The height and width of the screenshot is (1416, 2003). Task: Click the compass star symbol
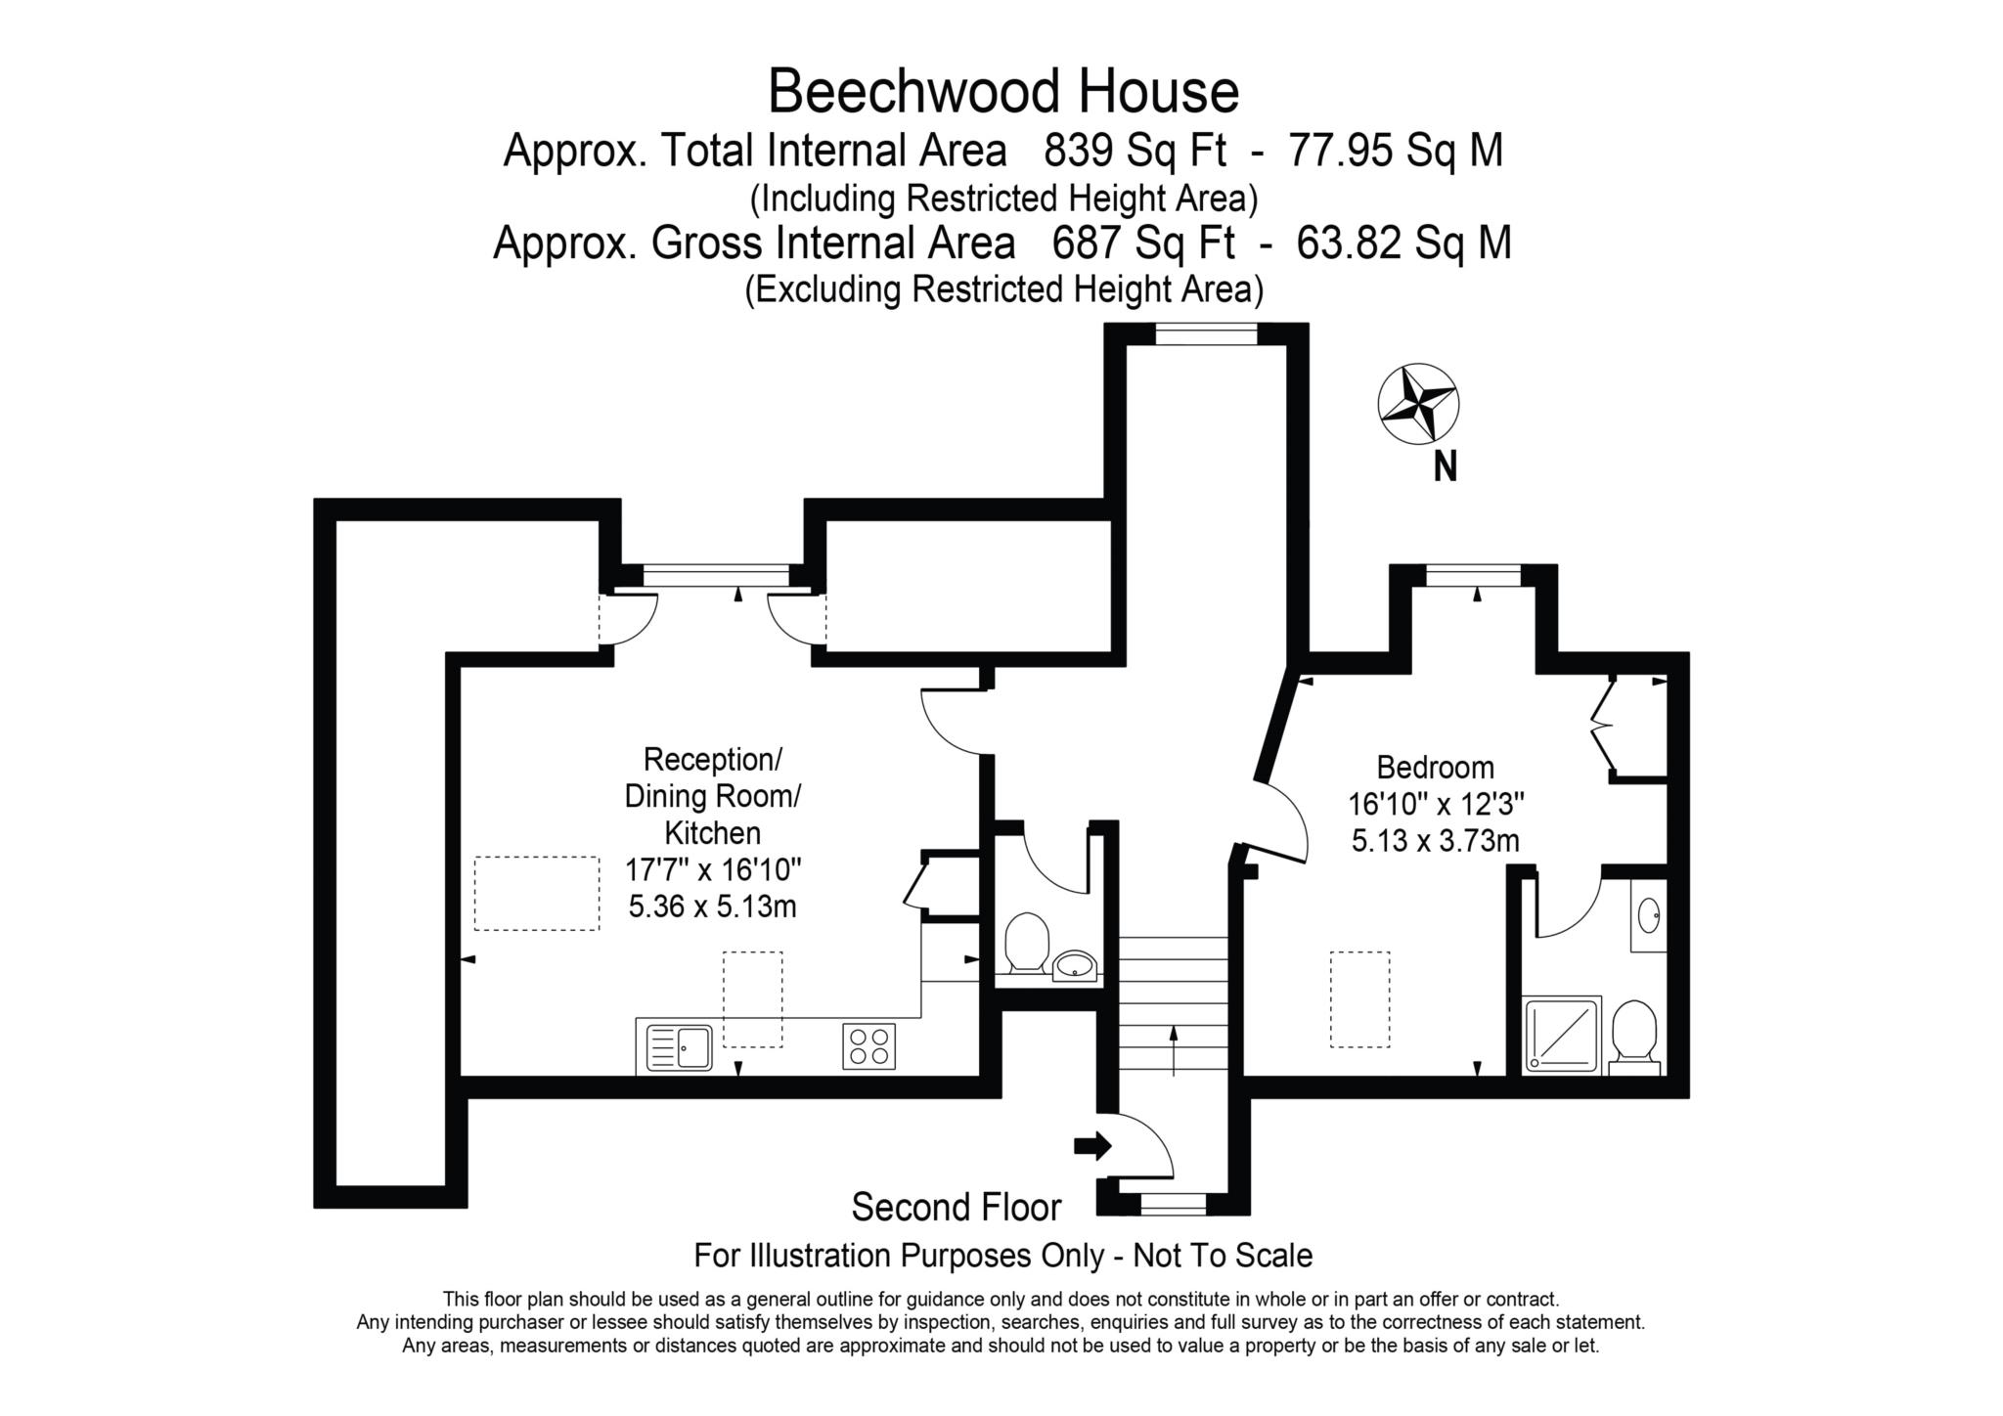[x=1418, y=404]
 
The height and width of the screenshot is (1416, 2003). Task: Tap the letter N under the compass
[x=1445, y=467]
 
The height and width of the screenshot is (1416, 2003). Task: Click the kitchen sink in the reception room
[x=680, y=1047]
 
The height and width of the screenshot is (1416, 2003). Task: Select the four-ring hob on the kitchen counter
[x=868, y=1045]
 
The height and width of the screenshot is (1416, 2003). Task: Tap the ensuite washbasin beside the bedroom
[x=1649, y=915]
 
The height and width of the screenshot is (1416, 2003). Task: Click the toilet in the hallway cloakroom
[x=1026, y=941]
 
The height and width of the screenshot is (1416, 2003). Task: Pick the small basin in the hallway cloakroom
[x=1075, y=966]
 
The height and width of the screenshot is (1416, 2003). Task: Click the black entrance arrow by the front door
[x=1092, y=1145]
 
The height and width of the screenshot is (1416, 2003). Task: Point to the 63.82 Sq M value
[x=1403, y=243]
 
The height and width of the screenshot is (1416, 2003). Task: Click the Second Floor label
[x=956, y=1207]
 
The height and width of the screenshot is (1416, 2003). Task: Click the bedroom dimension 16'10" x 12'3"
[x=1436, y=804]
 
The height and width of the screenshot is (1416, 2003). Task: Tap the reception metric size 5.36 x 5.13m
[x=712, y=907]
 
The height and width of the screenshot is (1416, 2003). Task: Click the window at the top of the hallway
[x=1205, y=335]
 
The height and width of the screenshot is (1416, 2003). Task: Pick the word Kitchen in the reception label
[x=712, y=833]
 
